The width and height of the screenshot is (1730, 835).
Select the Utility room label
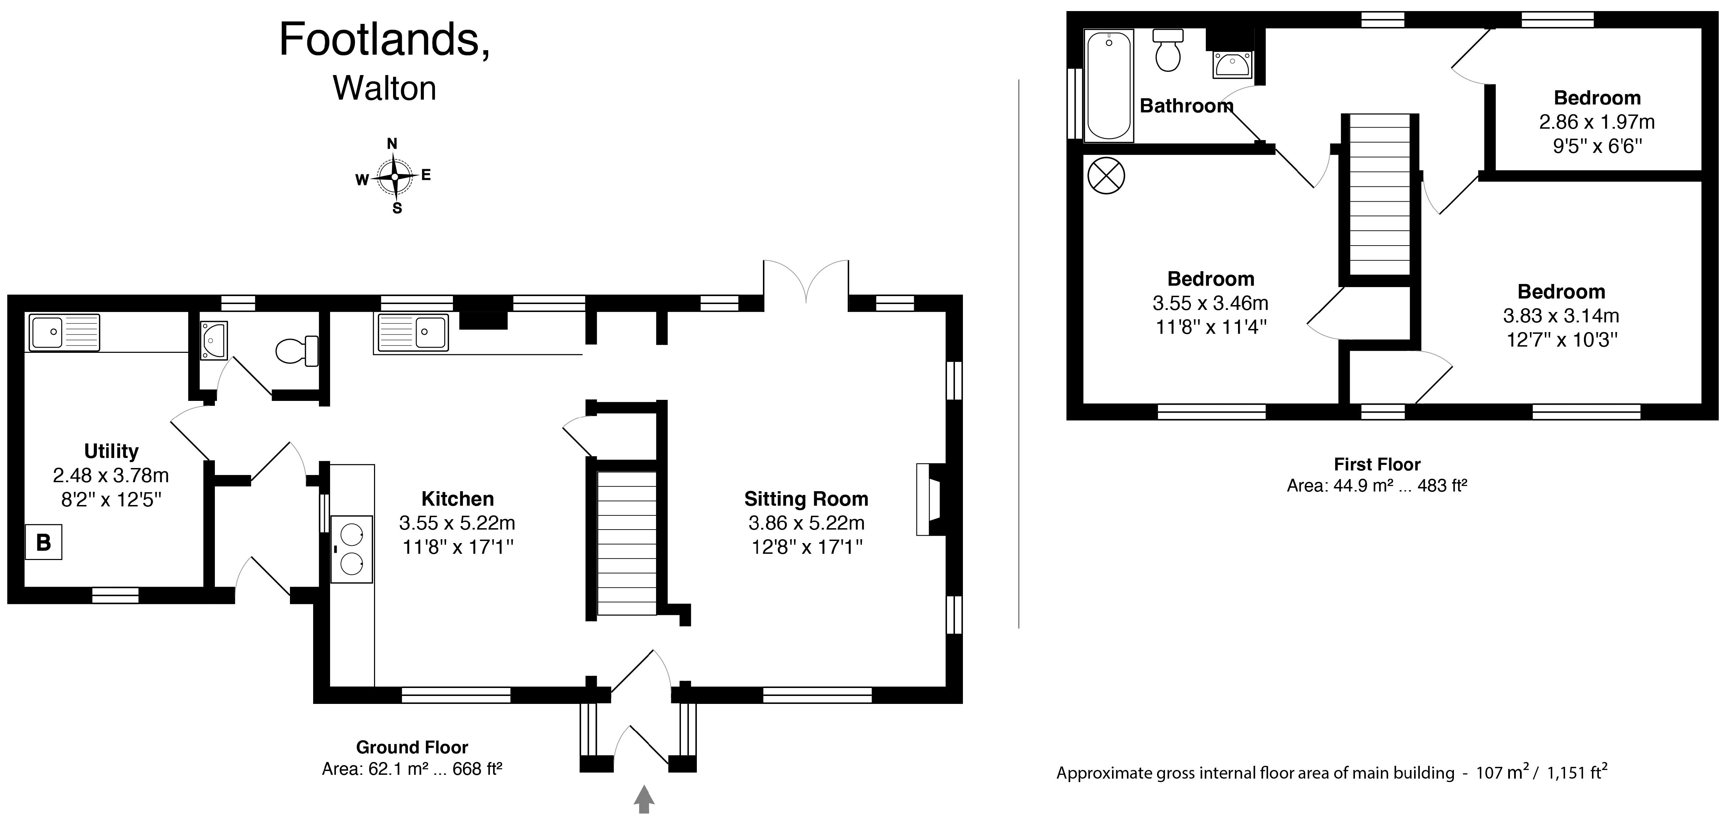click(111, 451)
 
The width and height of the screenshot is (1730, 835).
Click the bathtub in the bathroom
click(1109, 85)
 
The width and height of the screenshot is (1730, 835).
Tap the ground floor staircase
click(627, 543)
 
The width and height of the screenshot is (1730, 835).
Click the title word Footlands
click(384, 39)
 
